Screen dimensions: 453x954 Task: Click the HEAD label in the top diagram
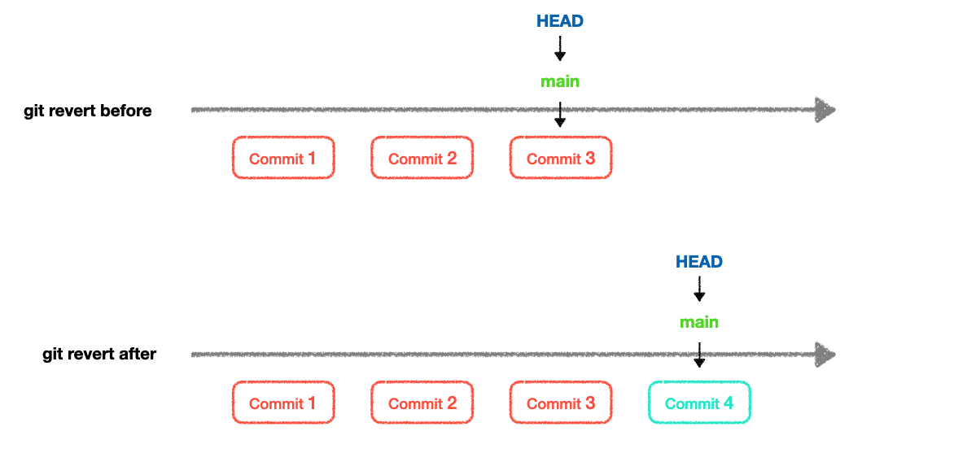pyautogui.click(x=560, y=21)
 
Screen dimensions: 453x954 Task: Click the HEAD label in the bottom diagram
pyautogui.click(x=699, y=262)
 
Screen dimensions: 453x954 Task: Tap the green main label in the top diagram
pyautogui.click(x=560, y=81)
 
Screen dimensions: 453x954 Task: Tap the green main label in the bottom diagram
pyautogui.click(x=699, y=322)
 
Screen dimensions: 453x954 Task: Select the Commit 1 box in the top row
pyautogui.click(x=283, y=158)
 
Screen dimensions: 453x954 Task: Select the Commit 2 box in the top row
pyautogui.click(x=422, y=158)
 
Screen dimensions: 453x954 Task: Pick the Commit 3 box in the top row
pyautogui.click(x=560, y=158)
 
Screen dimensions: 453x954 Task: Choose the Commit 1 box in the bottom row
pyautogui.click(x=283, y=403)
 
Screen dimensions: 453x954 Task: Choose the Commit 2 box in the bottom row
pyautogui.click(x=422, y=403)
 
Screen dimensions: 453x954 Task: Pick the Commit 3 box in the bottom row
pyautogui.click(x=560, y=403)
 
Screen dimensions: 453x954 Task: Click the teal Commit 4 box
pyautogui.click(x=699, y=403)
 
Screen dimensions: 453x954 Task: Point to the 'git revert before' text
pyautogui.click(x=88, y=111)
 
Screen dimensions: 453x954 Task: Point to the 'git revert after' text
pyautogui.click(x=99, y=354)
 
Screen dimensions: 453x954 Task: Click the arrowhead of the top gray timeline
pyautogui.click(x=825, y=111)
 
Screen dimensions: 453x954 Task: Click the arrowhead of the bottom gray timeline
pyautogui.click(x=825, y=354)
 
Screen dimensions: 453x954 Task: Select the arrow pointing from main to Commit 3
pyautogui.click(x=559, y=115)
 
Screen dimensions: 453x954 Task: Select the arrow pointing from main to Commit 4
pyautogui.click(x=698, y=355)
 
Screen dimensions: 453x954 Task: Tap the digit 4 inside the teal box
pyautogui.click(x=728, y=403)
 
